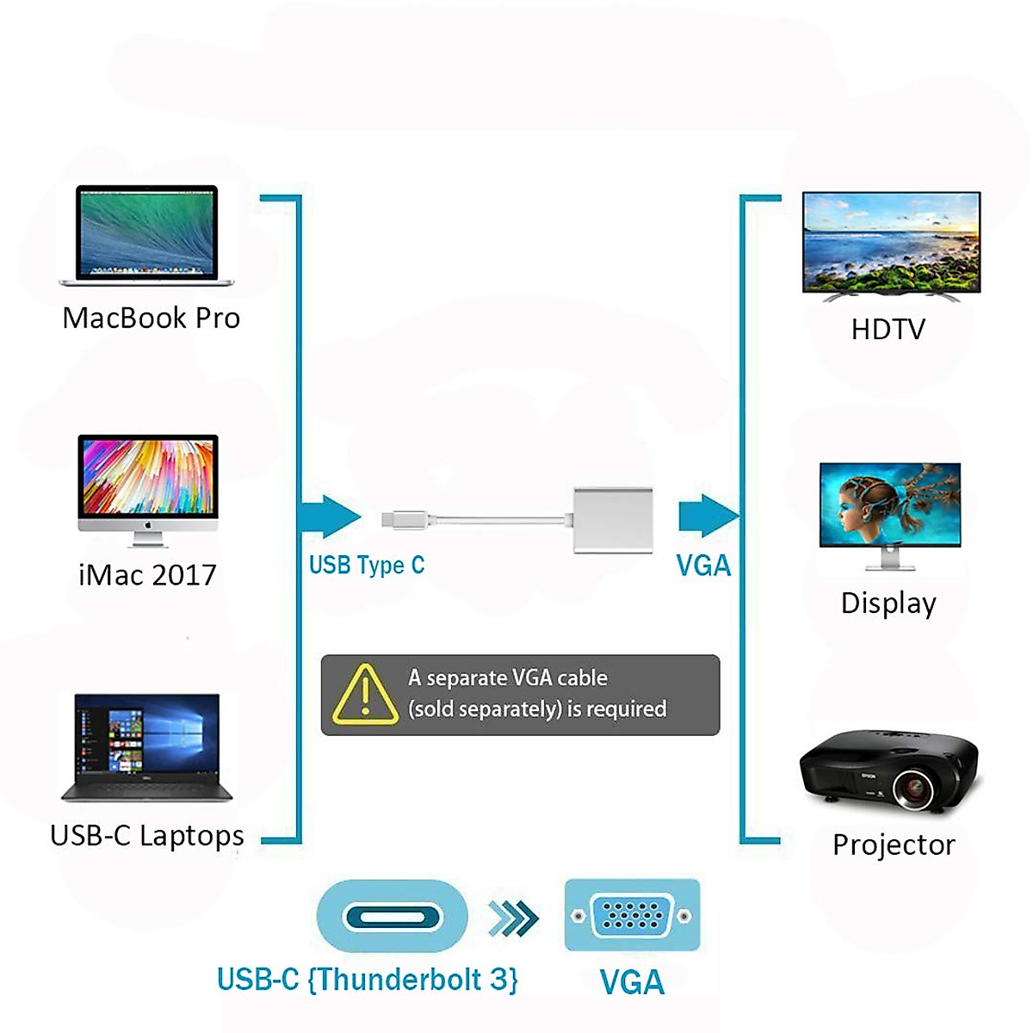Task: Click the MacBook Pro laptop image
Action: [146, 234]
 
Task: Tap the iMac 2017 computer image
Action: [147, 487]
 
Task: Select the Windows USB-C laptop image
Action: [146, 746]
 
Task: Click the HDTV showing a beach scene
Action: [891, 244]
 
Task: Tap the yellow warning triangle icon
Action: [365, 694]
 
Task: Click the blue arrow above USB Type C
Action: [331, 516]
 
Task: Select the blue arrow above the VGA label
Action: [708, 516]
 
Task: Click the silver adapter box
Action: [613, 520]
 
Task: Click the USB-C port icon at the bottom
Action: [393, 916]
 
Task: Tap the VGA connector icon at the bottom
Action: [632, 915]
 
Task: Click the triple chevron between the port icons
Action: [513, 918]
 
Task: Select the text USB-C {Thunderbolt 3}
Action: [368, 980]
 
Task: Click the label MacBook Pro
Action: [152, 319]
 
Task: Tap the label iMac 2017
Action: [147, 575]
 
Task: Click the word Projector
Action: [894, 845]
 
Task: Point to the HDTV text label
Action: [888, 330]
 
